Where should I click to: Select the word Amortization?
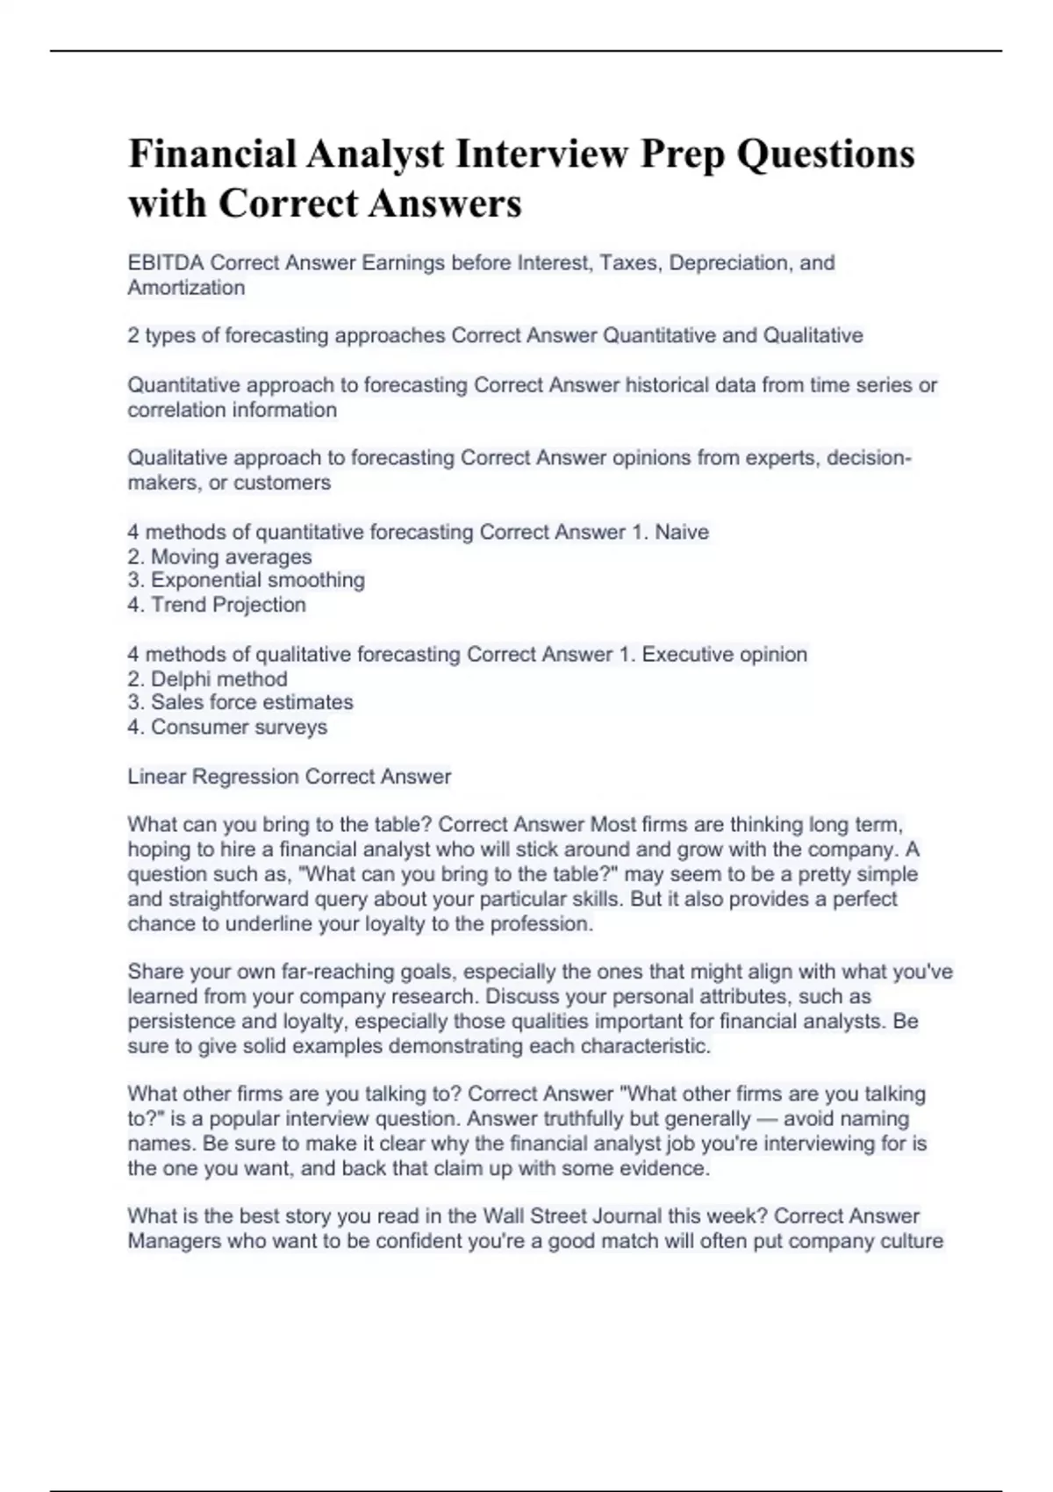coord(186,288)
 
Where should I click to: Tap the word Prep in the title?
coord(682,154)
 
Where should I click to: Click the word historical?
coord(667,385)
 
